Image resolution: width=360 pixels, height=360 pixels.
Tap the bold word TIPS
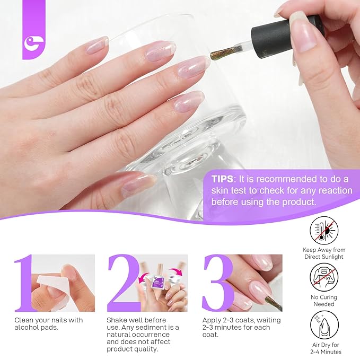tap(226, 179)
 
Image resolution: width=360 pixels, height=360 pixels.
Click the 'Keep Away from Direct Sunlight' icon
tap(325, 232)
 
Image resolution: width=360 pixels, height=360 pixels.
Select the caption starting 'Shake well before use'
tap(142, 334)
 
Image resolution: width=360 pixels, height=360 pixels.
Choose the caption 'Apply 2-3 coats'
tap(241, 327)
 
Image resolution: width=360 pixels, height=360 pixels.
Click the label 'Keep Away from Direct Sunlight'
tap(325, 253)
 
